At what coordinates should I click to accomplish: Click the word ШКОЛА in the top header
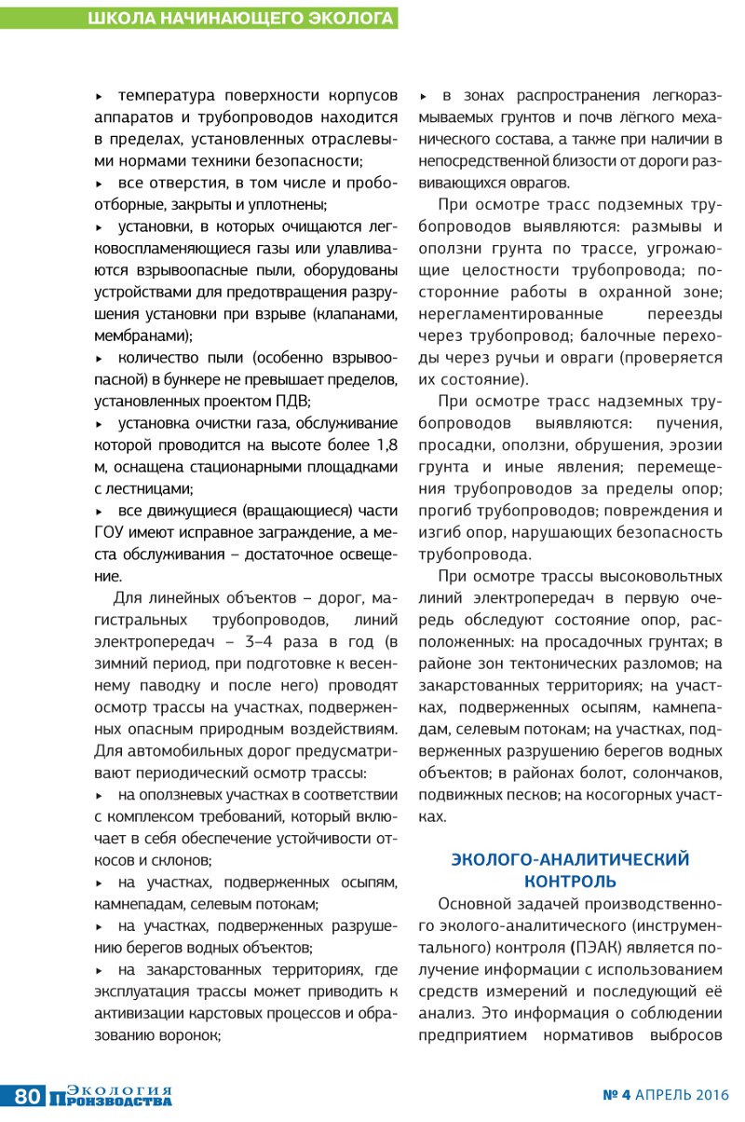pyautogui.click(x=119, y=18)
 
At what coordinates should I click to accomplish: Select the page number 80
pyautogui.click(x=26, y=1097)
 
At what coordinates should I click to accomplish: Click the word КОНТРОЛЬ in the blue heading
pyautogui.click(x=570, y=881)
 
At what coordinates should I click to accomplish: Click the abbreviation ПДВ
pyautogui.click(x=291, y=402)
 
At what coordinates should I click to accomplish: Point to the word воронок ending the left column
pyautogui.click(x=192, y=1034)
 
